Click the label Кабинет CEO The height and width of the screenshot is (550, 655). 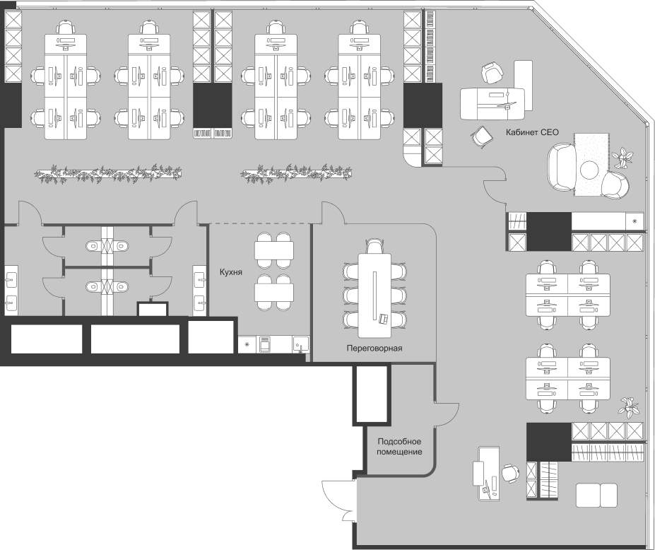coord(532,132)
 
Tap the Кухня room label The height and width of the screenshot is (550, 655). coord(231,272)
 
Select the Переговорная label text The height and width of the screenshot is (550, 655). coord(374,348)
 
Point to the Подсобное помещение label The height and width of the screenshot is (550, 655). coord(399,447)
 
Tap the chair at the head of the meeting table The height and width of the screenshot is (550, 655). coord(374,246)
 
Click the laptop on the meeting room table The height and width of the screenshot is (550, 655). coord(384,318)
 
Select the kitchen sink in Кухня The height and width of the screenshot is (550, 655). coord(300,345)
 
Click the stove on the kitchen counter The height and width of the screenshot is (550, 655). coord(265,345)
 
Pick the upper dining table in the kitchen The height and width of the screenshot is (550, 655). coord(274,250)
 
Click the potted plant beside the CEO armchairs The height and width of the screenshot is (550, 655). coord(624,157)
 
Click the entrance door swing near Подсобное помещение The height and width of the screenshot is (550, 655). coord(338,501)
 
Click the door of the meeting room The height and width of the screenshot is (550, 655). coord(334,213)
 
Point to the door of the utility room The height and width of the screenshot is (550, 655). coord(447,414)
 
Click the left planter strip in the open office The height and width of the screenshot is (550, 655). coord(108,173)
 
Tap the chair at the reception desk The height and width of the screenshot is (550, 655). coord(509,473)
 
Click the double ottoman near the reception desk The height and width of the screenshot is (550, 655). coord(596,496)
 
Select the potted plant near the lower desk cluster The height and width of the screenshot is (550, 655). coord(629,407)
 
